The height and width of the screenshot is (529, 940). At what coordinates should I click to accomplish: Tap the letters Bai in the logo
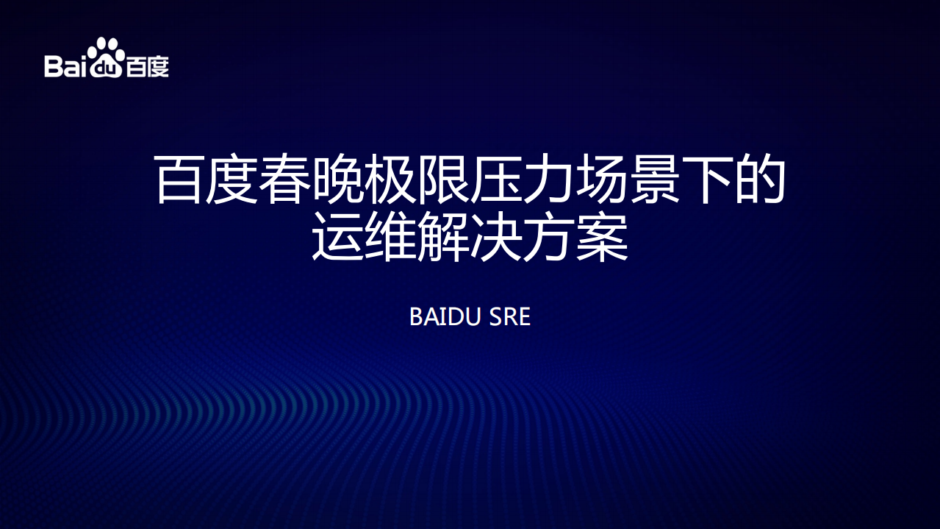click(66, 66)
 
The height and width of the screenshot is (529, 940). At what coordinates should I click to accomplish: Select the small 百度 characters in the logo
click(147, 67)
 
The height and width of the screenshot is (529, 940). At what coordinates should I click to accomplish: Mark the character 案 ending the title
click(603, 237)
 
